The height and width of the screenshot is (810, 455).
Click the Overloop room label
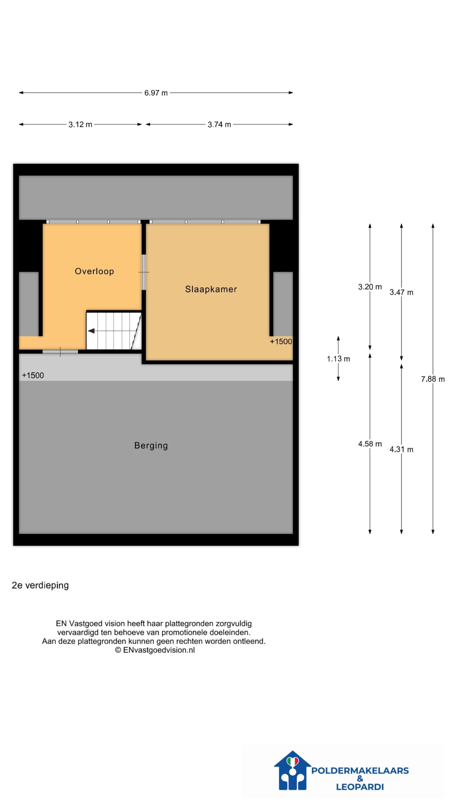(x=94, y=271)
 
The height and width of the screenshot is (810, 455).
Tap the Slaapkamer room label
(x=211, y=289)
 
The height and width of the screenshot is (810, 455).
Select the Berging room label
(x=151, y=446)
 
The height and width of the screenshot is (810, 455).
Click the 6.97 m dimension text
(x=156, y=93)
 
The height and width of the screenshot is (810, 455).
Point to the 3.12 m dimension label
(x=80, y=125)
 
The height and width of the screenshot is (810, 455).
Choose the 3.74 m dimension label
(x=219, y=125)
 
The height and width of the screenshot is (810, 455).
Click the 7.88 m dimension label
(x=433, y=379)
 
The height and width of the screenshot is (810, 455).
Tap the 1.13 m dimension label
(x=338, y=359)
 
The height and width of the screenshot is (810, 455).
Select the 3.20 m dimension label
(x=370, y=287)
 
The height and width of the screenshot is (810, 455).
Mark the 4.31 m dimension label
(x=401, y=449)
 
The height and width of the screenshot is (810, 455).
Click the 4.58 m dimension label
(x=370, y=444)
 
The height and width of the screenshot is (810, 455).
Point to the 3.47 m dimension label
(x=401, y=292)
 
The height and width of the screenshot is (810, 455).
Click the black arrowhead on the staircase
(x=91, y=331)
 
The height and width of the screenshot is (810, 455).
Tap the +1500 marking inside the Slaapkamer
(x=281, y=341)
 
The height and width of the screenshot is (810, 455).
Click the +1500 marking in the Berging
(x=33, y=376)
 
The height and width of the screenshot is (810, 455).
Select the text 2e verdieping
(x=40, y=585)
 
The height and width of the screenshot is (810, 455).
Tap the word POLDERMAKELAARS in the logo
(x=360, y=771)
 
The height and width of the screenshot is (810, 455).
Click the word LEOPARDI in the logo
(x=360, y=787)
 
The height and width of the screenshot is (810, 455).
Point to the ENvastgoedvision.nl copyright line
(x=155, y=650)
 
